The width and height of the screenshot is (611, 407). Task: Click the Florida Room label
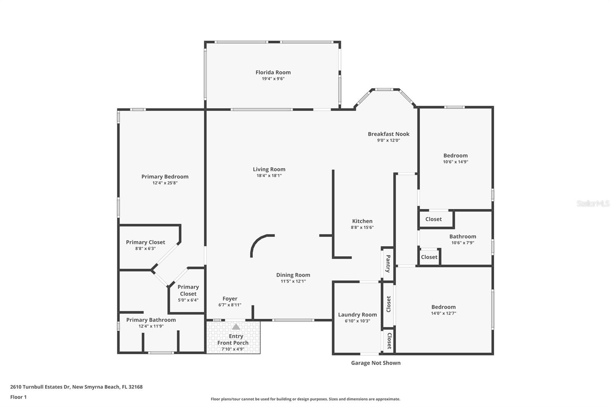point(273,72)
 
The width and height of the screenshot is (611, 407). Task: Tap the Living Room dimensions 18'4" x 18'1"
point(269,176)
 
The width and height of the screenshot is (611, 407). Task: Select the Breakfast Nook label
point(388,134)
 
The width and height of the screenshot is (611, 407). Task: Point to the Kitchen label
point(362,221)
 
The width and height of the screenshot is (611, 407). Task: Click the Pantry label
point(388,263)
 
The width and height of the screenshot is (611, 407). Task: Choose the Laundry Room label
point(357,315)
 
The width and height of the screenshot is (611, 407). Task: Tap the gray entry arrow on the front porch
point(236,327)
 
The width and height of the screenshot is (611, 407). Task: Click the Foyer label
point(230,299)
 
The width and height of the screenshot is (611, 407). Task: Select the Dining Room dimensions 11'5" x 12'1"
point(293,281)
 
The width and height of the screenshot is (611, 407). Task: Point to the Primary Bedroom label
point(165,176)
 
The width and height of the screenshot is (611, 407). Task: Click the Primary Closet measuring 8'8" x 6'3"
point(145,242)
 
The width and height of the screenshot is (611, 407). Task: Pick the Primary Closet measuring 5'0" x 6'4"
point(188,290)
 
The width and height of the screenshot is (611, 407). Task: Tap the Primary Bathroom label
point(151,320)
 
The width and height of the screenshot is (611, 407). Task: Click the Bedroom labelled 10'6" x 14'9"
point(455,155)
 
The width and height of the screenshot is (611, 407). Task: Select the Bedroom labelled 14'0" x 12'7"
point(443,307)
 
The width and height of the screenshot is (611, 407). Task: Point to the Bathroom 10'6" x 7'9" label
point(462,236)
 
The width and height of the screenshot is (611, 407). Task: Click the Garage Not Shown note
point(376,363)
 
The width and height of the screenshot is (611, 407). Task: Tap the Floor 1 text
point(18,397)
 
